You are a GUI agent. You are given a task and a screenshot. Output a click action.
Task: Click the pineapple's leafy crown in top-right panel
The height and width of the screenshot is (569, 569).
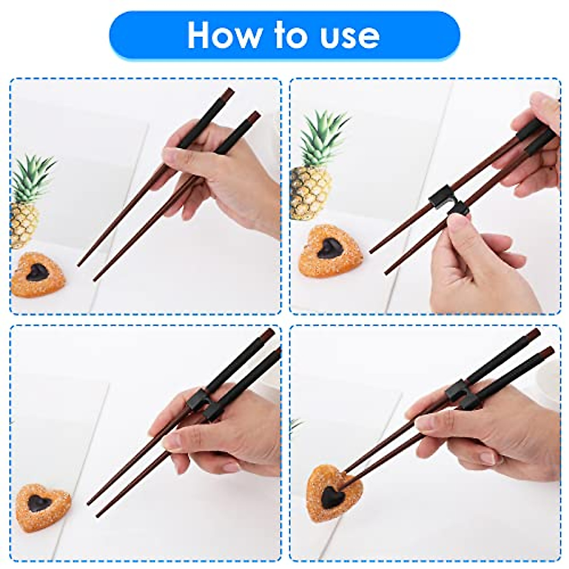322,138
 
